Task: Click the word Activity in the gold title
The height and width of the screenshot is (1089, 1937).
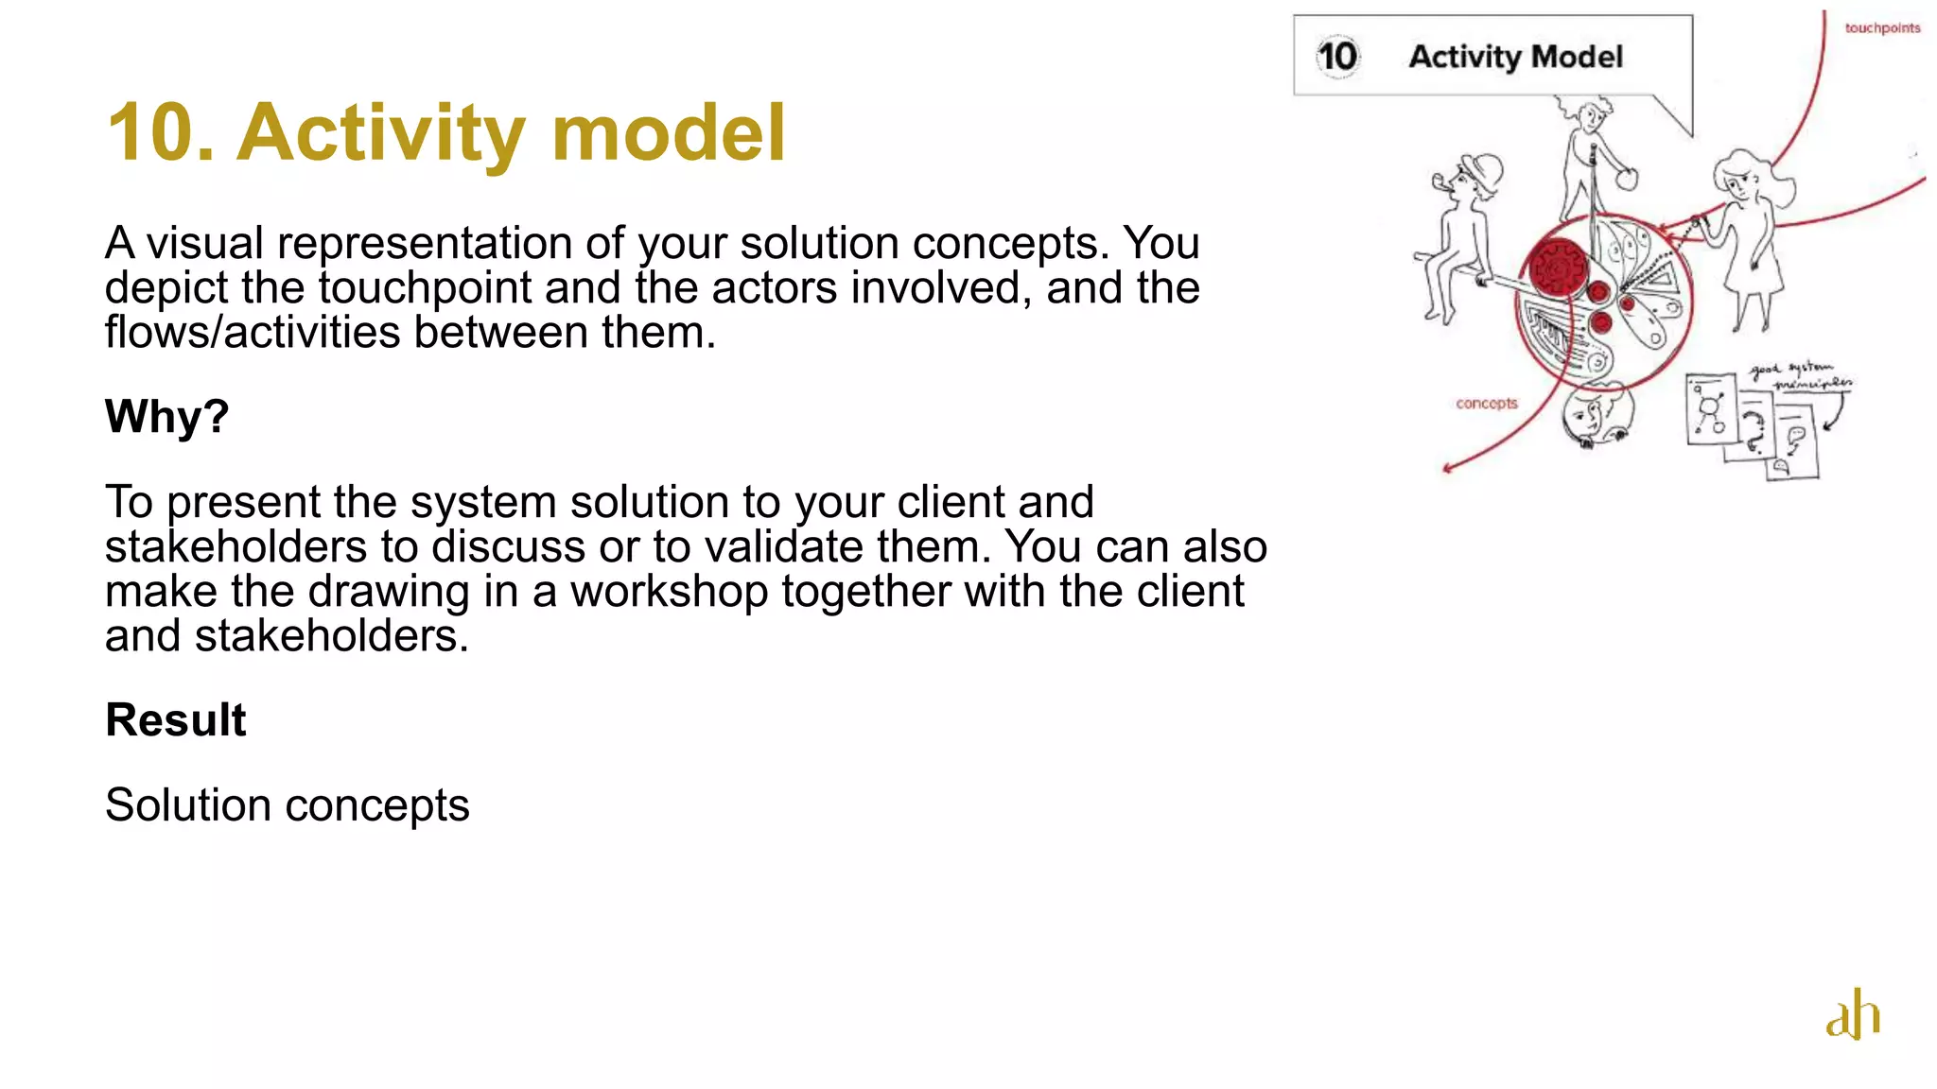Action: [382, 132]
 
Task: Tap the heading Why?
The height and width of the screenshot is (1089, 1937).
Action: [166, 416]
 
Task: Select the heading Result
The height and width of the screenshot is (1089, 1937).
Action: [176, 720]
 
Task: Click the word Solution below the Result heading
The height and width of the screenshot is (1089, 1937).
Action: [188, 805]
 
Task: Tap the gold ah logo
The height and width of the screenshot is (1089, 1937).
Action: [1852, 1015]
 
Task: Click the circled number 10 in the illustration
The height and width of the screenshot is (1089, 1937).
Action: [1337, 57]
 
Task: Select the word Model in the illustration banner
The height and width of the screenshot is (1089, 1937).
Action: [1577, 57]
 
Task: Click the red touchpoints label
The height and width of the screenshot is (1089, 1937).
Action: [1882, 28]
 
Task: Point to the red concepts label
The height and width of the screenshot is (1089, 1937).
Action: [1487, 404]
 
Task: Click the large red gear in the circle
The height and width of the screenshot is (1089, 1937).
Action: [1556, 268]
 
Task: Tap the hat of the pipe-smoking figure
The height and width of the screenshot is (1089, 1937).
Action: [1481, 172]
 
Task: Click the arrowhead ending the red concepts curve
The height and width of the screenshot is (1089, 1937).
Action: [1446, 468]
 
